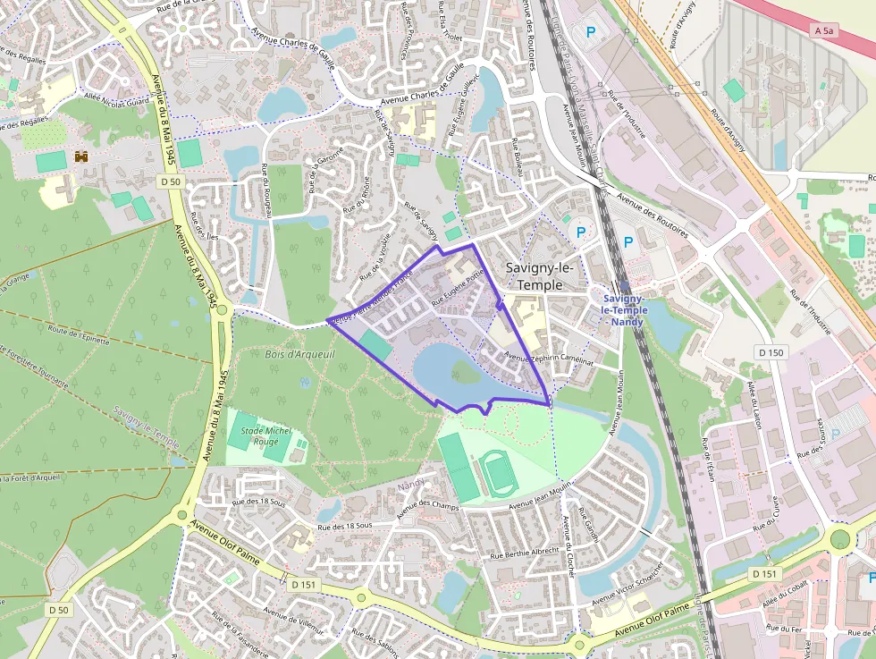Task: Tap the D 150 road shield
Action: [x=768, y=352]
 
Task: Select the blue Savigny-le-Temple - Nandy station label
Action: [x=625, y=309]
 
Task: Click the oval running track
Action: [x=494, y=472]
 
